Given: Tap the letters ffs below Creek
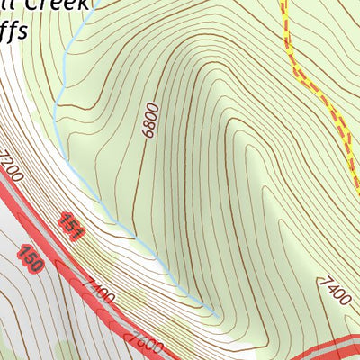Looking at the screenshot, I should pos(14,32).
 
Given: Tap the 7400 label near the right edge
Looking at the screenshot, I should pos(334,292).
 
